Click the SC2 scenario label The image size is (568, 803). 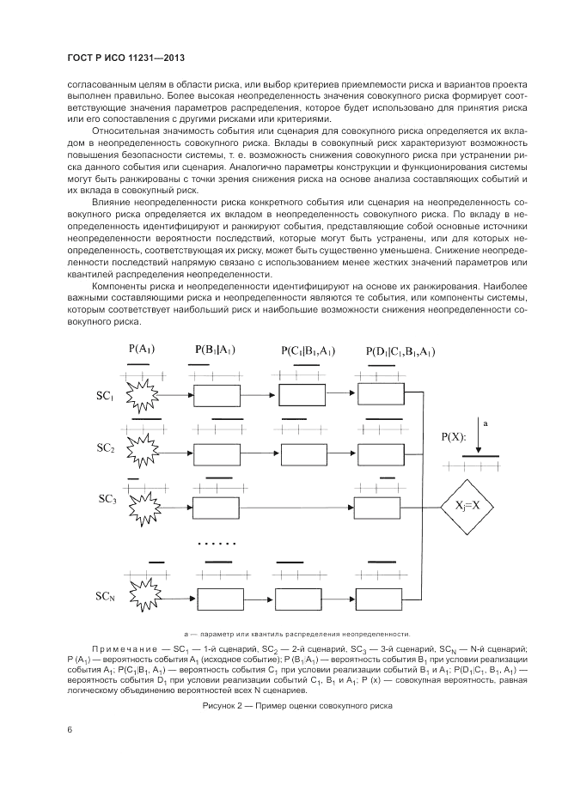105,448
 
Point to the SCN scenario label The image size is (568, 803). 105,595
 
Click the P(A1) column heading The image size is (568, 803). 141,350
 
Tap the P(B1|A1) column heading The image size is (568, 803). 215,350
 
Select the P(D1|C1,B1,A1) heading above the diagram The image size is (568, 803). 400,351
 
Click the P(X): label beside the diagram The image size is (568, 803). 454,437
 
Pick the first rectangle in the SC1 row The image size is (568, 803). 217,396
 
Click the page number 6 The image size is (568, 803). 70,730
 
